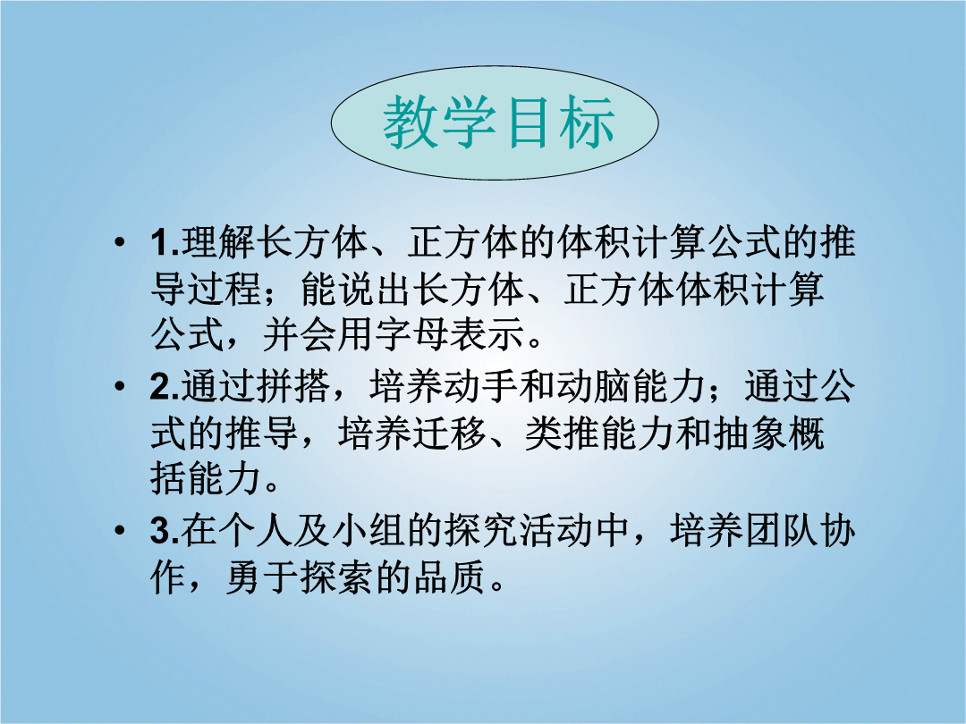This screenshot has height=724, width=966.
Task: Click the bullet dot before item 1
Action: pos(120,242)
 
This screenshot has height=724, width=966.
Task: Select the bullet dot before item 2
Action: pos(120,387)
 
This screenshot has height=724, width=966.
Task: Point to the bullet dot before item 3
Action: pos(120,531)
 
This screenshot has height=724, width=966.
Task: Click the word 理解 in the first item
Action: pos(218,242)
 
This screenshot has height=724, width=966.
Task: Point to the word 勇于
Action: pos(263,578)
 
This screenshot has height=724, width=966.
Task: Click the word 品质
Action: pos(450,578)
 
